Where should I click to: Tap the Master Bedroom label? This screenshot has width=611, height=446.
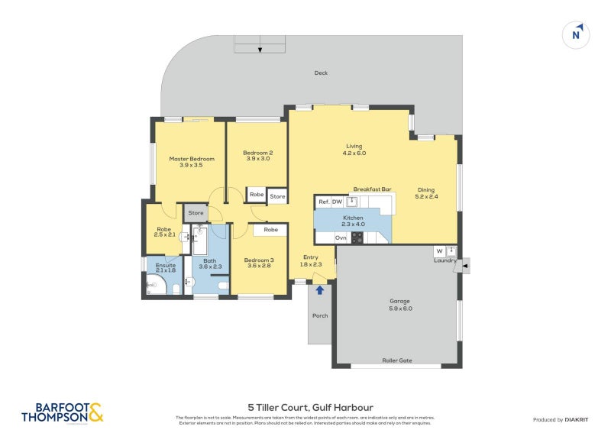coord(191,159)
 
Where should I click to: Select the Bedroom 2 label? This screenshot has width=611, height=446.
coord(257,153)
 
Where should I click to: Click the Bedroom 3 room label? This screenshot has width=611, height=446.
coord(260,260)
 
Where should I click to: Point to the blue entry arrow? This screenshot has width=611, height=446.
coord(319,289)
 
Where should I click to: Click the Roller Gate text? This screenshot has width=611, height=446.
coord(396,360)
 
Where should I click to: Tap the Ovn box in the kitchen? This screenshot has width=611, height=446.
coord(341,238)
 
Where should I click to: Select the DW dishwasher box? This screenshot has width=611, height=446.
coord(337,202)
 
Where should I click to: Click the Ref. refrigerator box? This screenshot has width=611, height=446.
coord(324,202)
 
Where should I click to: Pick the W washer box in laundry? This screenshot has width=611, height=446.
coord(439,250)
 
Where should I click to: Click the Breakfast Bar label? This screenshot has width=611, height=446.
coord(372,189)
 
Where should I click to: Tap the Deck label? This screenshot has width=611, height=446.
coord(321,73)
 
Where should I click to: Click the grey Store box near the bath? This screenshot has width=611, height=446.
coord(196,213)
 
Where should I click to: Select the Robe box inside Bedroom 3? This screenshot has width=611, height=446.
coord(270,229)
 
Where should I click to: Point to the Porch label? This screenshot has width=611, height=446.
coord(319,315)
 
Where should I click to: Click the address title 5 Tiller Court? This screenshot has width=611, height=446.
coord(309,407)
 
